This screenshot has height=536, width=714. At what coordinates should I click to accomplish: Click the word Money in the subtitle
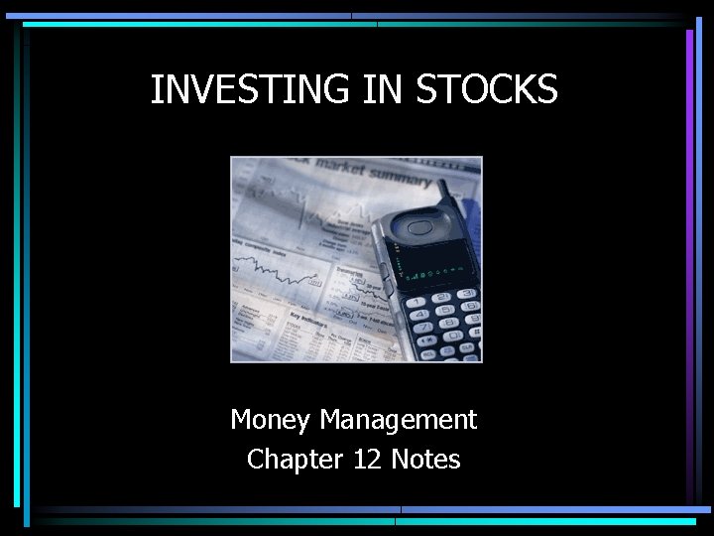[271, 420]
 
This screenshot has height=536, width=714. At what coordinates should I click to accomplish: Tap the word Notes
[426, 460]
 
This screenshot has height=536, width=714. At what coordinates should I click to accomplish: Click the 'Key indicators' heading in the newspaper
[309, 324]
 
